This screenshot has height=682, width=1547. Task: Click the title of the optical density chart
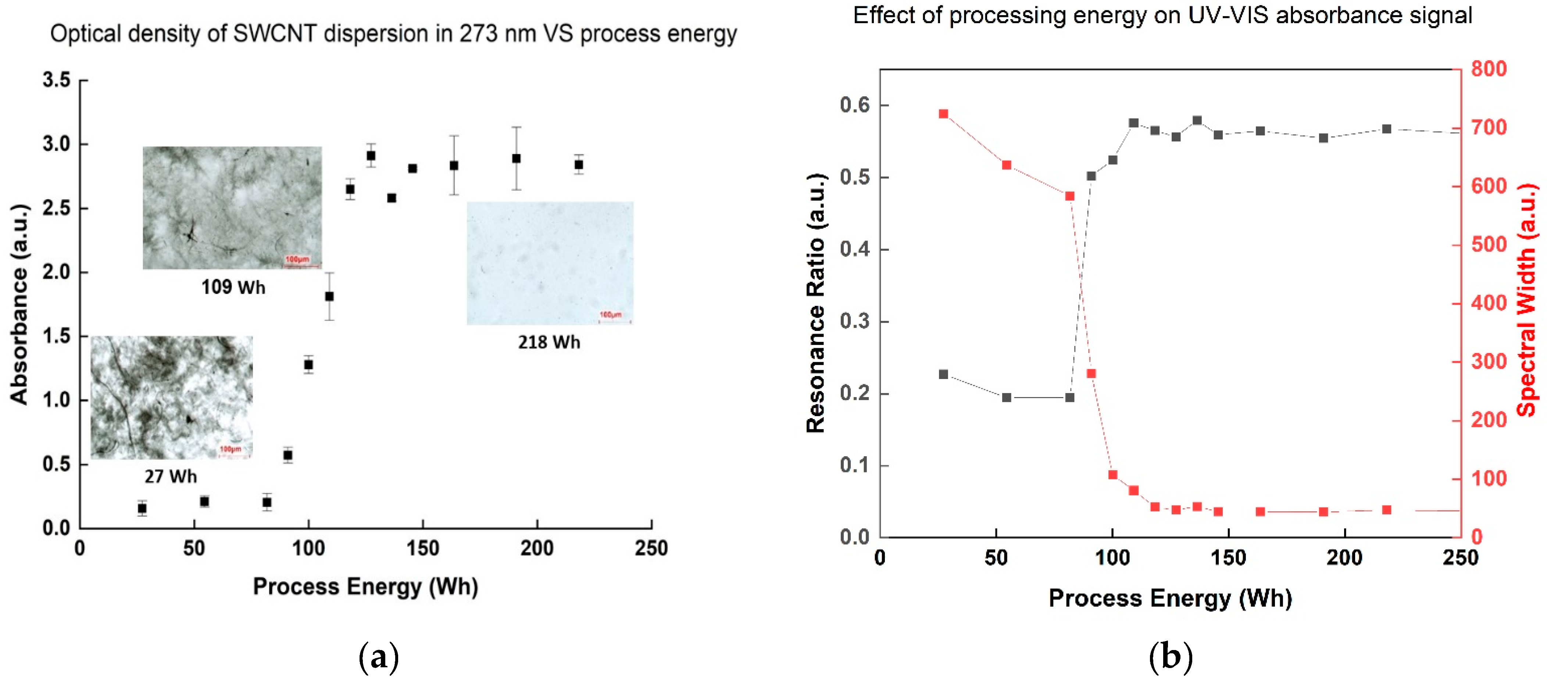tap(393, 33)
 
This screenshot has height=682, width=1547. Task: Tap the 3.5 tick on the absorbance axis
tap(56, 80)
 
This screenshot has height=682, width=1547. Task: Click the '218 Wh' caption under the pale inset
tap(549, 342)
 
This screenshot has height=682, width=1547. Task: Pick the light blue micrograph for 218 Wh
tap(550, 263)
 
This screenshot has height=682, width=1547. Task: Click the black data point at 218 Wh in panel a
tap(578, 164)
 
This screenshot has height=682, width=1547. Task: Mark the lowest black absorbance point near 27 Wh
tap(142, 508)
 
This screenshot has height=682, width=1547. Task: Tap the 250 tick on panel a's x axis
tap(651, 548)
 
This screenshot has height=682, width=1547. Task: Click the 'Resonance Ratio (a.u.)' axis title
tap(815, 303)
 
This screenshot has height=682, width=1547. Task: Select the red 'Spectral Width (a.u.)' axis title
tap(1526, 300)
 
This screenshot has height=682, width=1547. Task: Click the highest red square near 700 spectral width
tap(943, 114)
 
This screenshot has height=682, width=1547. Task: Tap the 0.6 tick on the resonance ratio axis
tap(855, 105)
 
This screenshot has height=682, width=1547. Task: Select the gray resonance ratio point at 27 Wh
tap(943, 374)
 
